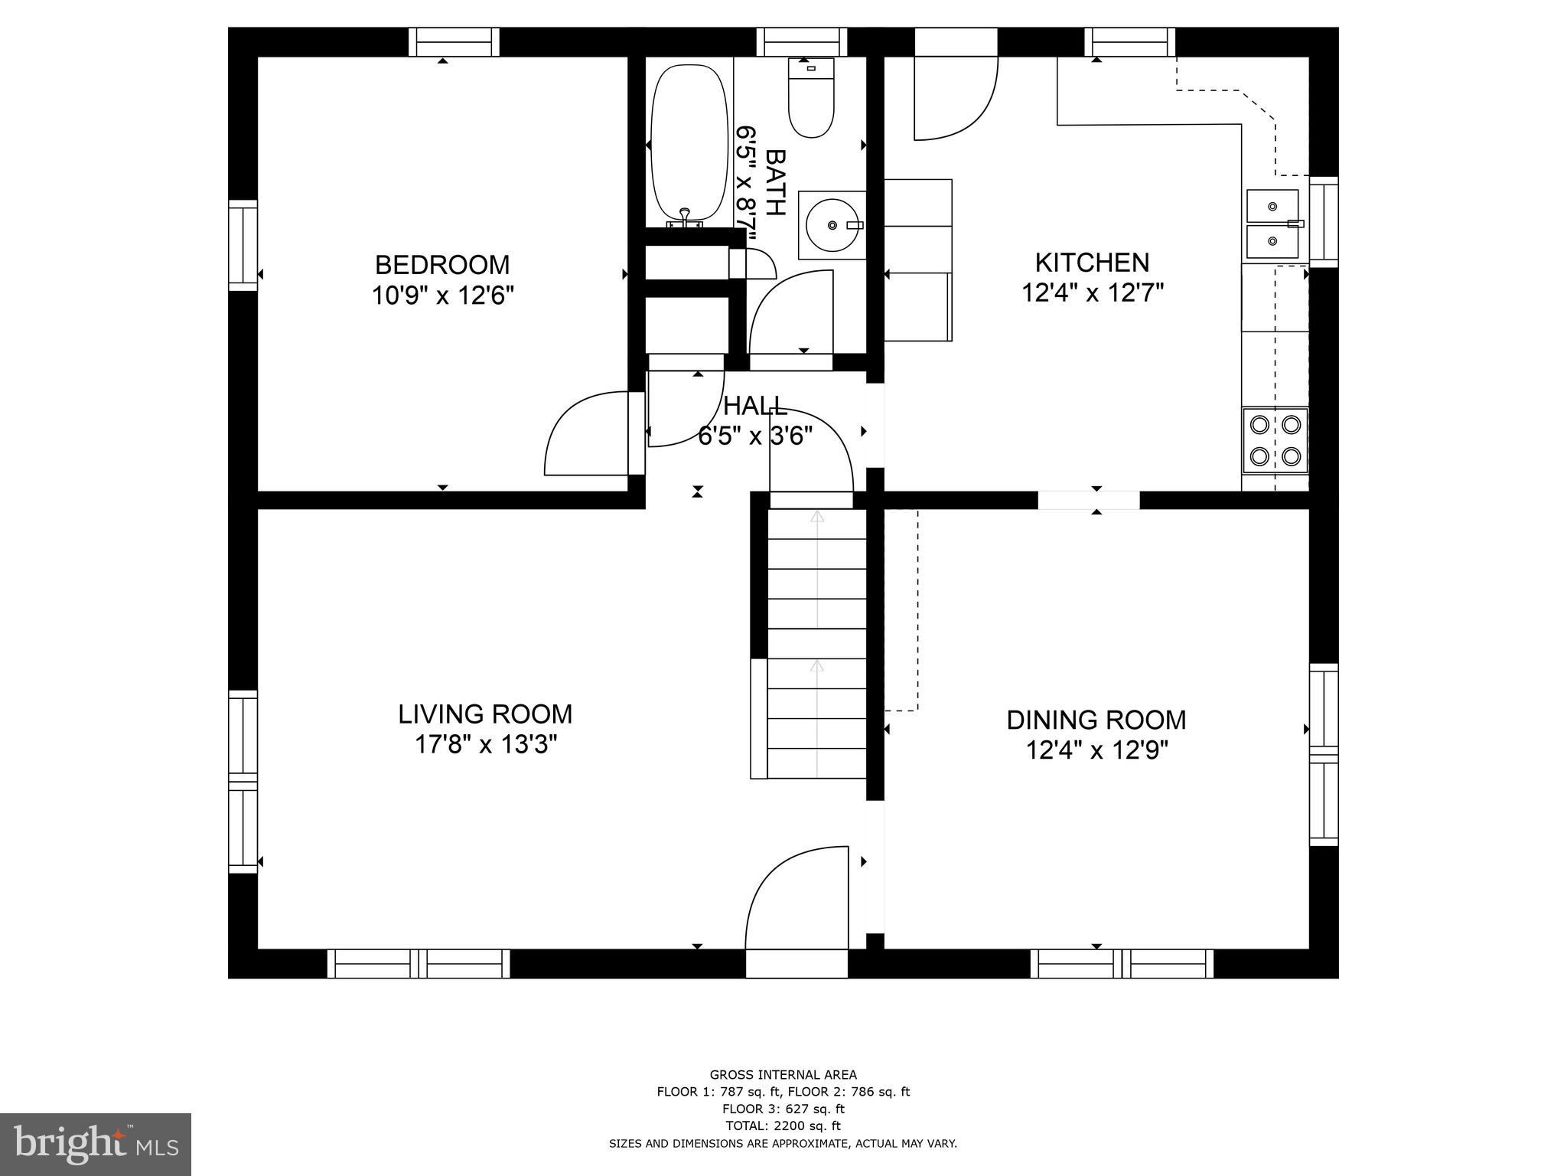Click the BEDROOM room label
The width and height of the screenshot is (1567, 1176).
441,265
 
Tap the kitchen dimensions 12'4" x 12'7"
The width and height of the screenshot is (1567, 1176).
1092,292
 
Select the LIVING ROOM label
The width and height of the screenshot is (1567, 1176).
484,714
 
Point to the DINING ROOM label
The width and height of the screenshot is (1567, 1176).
1096,720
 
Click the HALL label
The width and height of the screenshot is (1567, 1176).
754,406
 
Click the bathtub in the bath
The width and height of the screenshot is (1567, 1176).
688,144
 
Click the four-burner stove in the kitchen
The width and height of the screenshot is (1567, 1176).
1274,440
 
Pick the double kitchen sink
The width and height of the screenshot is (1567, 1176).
1272,224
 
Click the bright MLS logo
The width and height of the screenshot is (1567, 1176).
96,1144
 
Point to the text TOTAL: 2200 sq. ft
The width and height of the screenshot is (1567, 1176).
783,1125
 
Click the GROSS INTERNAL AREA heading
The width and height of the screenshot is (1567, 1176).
783,1075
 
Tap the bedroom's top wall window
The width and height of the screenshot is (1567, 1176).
453,42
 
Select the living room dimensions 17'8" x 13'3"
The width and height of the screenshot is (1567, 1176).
484,744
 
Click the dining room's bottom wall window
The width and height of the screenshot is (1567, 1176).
1121,964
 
